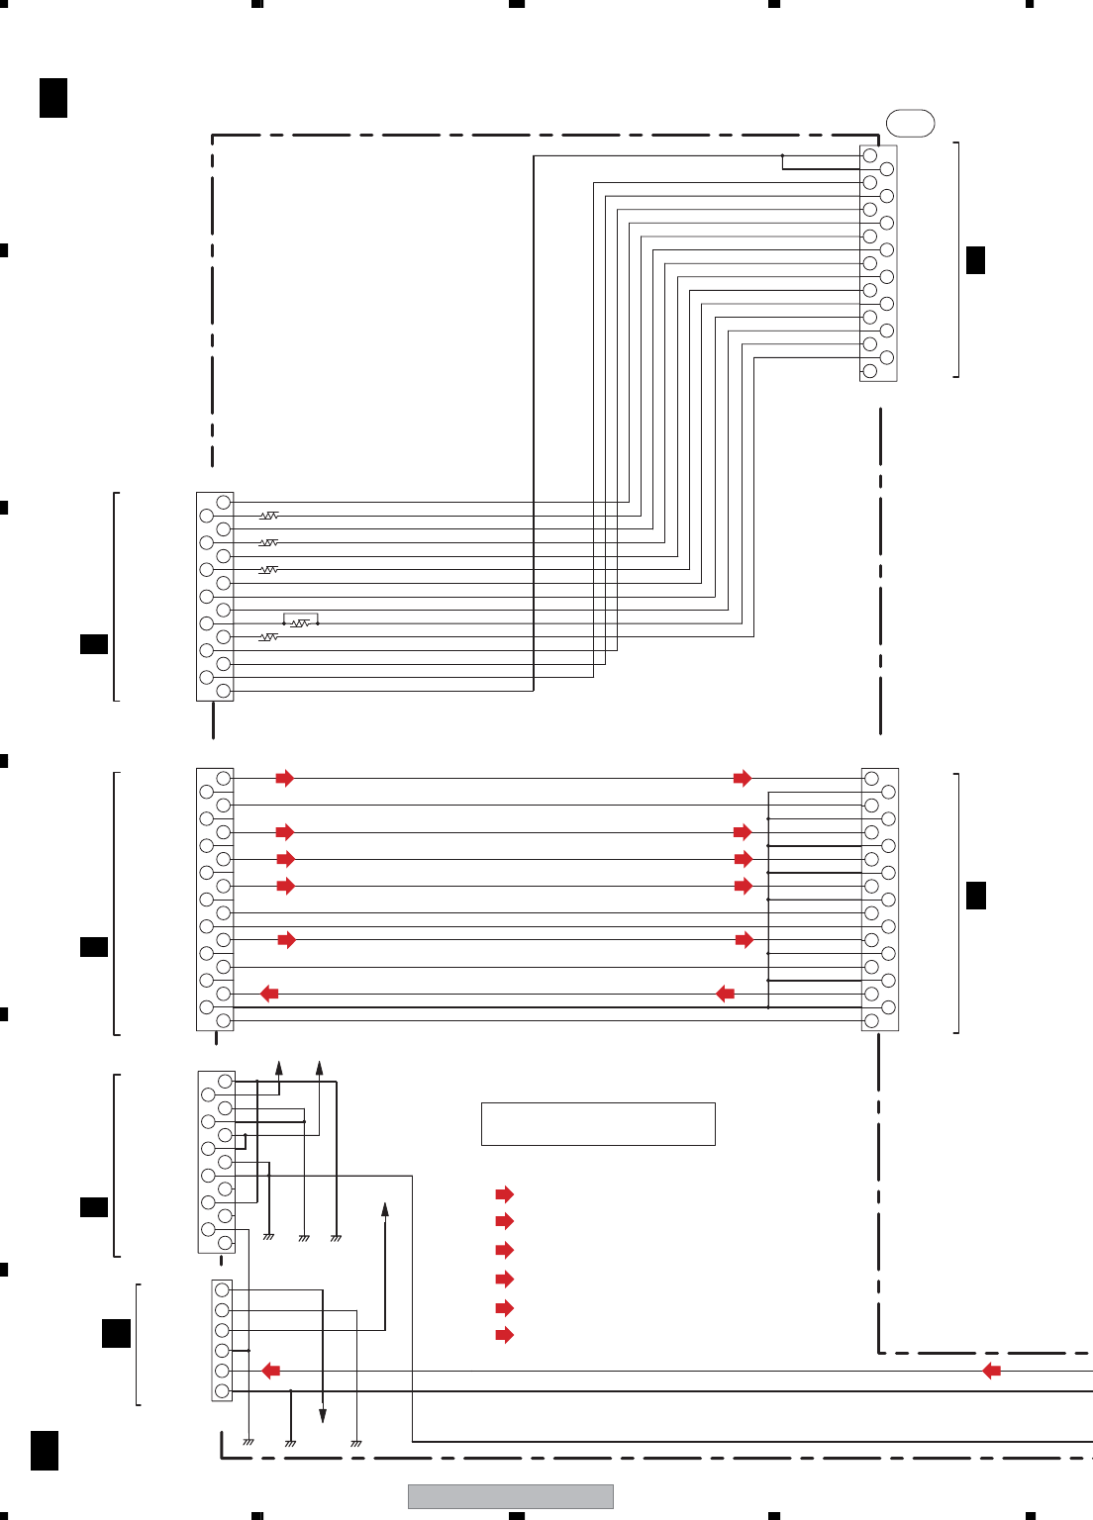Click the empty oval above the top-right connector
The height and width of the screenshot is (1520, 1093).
tap(910, 123)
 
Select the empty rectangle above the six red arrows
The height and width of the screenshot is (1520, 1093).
tap(598, 1124)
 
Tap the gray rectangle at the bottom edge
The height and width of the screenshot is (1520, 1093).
tap(510, 1496)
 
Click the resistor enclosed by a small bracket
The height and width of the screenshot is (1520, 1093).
tap(300, 623)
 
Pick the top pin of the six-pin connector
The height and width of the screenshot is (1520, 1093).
tap(222, 1290)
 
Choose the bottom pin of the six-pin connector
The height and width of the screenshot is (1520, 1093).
tap(222, 1390)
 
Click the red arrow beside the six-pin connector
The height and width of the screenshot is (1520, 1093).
tap(270, 1371)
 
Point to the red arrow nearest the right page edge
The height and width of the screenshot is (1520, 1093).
tap(991, 1371)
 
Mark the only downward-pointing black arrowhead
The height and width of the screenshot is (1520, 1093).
tap(323, 1416)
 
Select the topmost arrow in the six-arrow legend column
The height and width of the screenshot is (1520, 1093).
tap(504, 1194)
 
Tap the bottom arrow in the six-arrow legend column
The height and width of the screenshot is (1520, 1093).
tap(504, 1335)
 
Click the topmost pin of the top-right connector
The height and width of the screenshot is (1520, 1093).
tap(870, 155)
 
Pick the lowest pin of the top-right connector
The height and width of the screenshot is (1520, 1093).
tap(870, 371)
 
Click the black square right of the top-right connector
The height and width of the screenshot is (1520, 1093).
tap(975, 259)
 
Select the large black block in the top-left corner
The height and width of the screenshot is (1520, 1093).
tap(53, 97)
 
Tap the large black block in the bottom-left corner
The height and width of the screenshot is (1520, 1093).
tap(45, 1450)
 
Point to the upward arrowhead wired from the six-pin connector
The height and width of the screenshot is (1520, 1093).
tap(385, 1209)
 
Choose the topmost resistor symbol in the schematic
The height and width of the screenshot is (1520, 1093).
tap(268, 516)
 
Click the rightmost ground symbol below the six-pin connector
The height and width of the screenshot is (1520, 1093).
tap(356, 1443)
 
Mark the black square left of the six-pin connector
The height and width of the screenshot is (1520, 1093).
tap(116, 1333)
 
